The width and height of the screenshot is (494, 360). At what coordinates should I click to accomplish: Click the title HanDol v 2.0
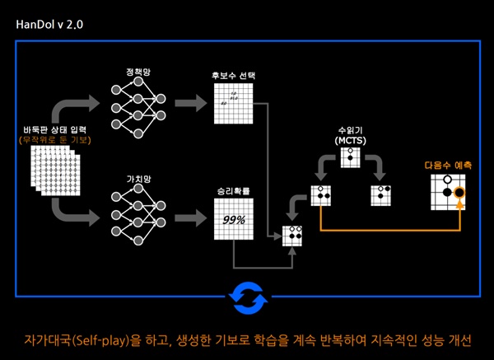(49, 25)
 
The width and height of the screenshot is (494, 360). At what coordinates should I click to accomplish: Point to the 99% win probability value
(234, 220)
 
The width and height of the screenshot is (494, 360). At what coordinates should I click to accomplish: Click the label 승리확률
(234, 192)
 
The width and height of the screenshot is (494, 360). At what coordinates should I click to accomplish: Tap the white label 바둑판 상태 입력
(54, 129)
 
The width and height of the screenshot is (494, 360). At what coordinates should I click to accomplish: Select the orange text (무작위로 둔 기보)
(54, 140)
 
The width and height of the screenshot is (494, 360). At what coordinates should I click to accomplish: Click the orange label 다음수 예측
(448, 165)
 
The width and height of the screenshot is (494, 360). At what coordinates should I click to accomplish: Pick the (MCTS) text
(350, 142)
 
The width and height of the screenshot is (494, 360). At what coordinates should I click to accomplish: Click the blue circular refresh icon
(248, 296)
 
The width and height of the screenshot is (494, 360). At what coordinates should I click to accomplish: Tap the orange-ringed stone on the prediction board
(459, 195)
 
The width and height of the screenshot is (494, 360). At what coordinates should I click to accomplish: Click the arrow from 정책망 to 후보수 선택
(191, 104)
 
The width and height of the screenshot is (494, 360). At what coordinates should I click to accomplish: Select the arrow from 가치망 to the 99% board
(191, 219)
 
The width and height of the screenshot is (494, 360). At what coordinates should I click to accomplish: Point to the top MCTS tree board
(351, 157)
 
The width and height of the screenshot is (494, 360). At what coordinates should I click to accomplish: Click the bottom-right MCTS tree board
(381, 194)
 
